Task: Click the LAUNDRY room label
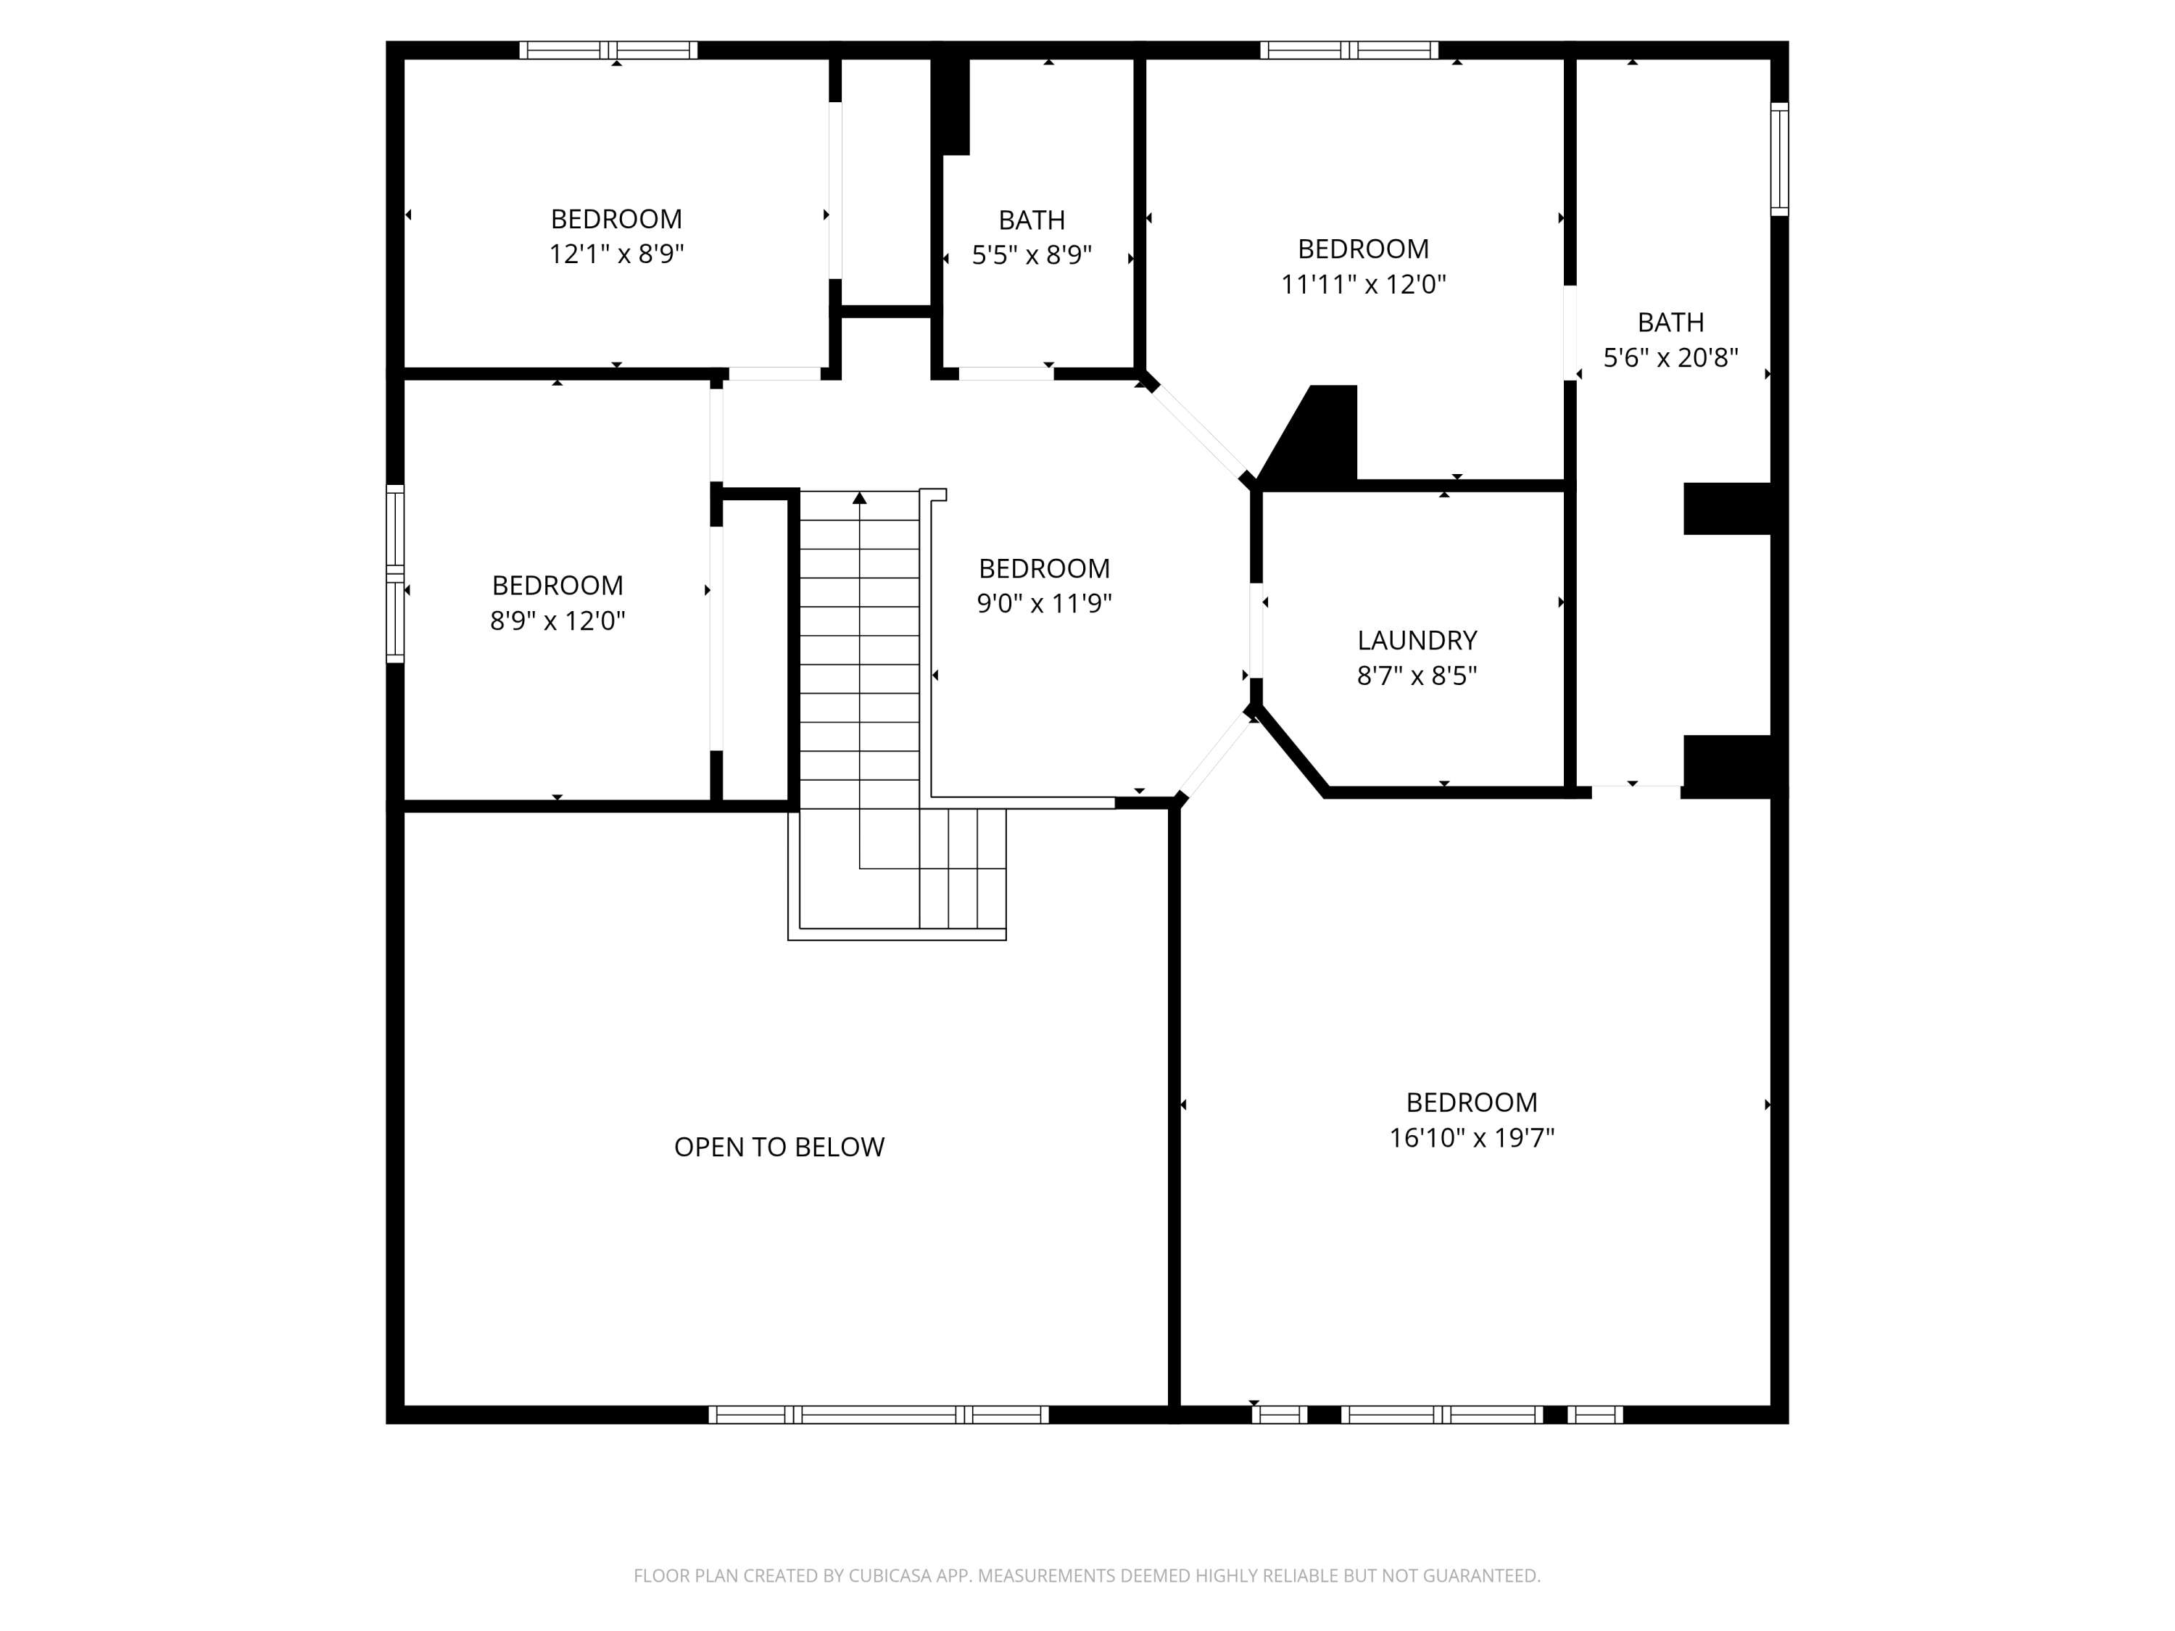coord(1417,640)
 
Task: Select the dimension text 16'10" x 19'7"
coord(1471,1137)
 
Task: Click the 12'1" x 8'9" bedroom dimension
coord(616,254)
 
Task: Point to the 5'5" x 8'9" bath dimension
coord(1032,254)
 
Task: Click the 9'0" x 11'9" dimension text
coord(1044,602)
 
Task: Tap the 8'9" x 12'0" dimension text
coord(558,621)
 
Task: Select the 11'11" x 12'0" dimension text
coord(1363,284)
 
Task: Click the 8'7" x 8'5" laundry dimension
coord(1417,676)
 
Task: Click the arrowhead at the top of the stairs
coord(859,499)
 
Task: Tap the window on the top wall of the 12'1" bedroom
coord(609,50)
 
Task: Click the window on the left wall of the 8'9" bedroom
coord(395,573)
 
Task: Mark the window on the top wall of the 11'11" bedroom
coord(1349,50)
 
